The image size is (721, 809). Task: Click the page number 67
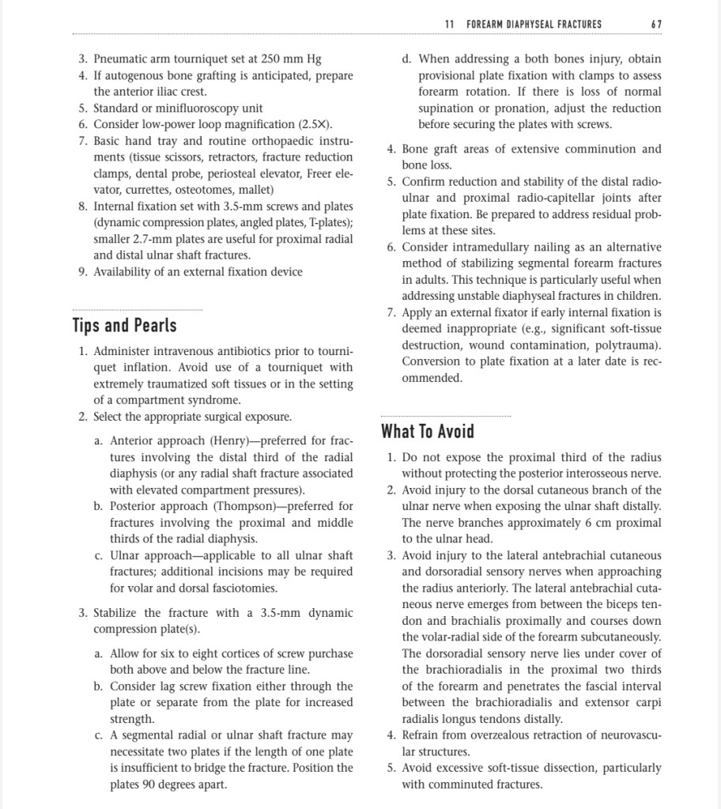656,24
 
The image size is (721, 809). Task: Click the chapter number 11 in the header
449,24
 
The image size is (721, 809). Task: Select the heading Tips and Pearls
124,325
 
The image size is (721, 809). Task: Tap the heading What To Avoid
428,431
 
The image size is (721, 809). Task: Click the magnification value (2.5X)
315,125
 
